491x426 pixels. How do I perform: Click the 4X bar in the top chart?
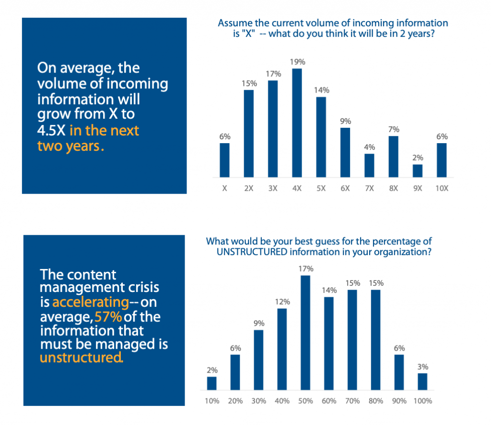297,123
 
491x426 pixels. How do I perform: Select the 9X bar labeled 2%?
418,171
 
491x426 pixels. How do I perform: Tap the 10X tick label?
442,188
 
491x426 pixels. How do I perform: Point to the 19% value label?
297,62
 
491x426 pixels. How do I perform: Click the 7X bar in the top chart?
369,166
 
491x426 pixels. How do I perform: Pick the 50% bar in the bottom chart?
305,333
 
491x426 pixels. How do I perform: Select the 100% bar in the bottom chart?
422,382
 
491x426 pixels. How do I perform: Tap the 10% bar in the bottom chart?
211,383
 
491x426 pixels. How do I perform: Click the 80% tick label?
376,401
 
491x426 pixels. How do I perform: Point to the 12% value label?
282,302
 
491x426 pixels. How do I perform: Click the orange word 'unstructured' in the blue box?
81,358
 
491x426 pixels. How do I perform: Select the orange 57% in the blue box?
108,317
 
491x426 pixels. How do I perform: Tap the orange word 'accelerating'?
91,303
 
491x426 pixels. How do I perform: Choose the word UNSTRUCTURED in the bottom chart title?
252,252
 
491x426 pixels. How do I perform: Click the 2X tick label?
249,188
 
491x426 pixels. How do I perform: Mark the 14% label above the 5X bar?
322,90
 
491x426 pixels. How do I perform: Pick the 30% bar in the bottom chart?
258,360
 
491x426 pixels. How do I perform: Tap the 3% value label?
423,367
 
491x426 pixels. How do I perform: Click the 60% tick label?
329,401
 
